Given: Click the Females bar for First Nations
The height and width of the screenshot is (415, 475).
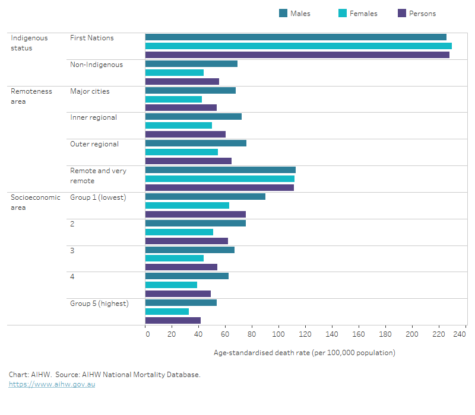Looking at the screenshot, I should click(298, 46).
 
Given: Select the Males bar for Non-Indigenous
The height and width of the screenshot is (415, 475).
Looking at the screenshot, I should click(191, 63).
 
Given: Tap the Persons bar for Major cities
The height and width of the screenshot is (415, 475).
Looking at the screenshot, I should click(181, 108).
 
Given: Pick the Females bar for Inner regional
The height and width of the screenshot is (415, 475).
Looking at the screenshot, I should click(179, 125).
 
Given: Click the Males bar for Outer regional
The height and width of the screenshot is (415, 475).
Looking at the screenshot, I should click(196, 143).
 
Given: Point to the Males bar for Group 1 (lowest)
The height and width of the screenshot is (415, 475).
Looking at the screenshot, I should click(205, 197).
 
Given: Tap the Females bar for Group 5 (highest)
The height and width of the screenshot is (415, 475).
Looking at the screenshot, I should click(167, 311).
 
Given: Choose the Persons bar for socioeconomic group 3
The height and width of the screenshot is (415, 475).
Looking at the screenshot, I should click(181, 267).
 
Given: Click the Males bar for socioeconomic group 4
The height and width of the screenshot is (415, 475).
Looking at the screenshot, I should click(187, 276).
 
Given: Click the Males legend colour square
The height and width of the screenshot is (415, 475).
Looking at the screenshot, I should click(283, 14).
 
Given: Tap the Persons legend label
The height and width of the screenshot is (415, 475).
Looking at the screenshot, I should click(422, 14).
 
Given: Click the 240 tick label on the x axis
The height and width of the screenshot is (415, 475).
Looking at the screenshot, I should click(458, 334).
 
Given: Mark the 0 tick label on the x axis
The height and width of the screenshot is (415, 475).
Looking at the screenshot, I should click(147, 334).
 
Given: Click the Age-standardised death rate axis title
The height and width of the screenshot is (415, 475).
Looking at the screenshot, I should click(304, 353).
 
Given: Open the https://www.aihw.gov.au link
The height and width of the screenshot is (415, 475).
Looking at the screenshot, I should click(52, 384).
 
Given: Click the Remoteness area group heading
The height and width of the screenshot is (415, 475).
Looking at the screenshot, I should click(31, 96).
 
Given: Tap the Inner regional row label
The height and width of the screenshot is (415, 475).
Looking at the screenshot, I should click(93, 117).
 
